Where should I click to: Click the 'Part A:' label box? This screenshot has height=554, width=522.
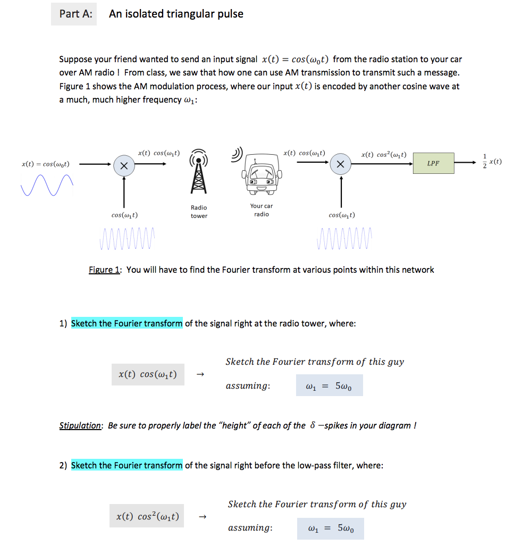click(x=74, y=14)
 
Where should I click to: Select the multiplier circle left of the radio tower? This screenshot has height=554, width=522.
click(x=123, y=166)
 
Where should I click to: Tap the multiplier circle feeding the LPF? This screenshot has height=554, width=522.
click(x=341, y=165)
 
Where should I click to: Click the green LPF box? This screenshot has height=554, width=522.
click(x=433, y=163)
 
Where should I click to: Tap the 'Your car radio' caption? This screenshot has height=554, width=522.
click(x=261, y=210)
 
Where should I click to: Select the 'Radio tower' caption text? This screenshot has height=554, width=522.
click(x=199, y=212)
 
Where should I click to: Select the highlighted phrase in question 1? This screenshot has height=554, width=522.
click(x=127, y=323)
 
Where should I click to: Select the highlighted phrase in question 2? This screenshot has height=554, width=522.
click(x=127, y=465)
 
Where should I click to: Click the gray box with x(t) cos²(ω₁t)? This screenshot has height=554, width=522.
click(x=147, y=516)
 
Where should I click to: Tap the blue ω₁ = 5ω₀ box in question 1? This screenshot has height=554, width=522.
click(x=329, y=385)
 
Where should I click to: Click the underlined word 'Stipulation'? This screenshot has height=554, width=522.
click(x=80, y=425)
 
